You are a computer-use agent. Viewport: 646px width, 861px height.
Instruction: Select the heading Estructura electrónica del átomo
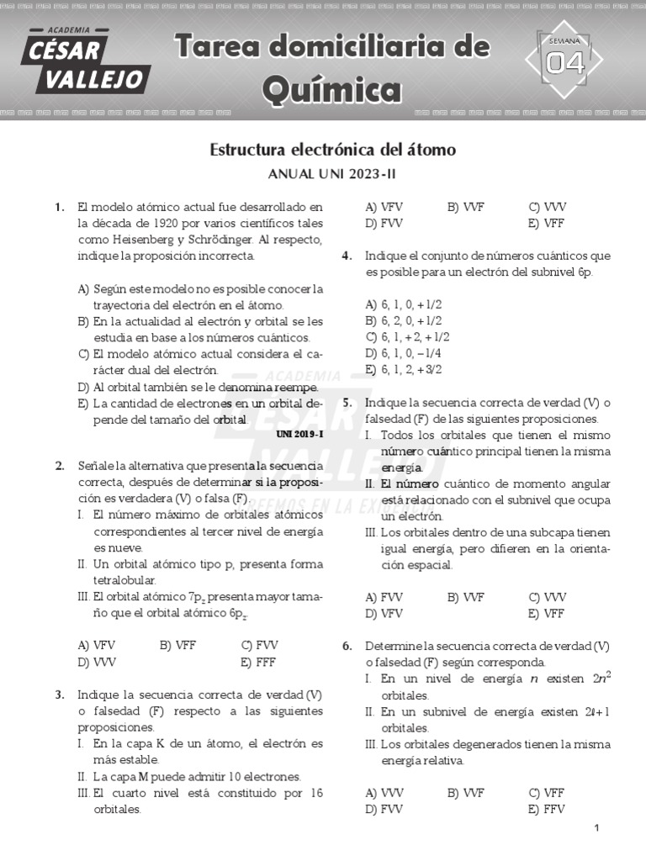[x=332, y=151]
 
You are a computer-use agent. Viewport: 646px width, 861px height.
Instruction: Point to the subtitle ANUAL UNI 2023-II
[x=331, y=174]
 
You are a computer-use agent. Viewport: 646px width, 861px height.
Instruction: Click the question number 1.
[x=60, y=207]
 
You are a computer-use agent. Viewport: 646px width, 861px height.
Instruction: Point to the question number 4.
[x=347, y=256]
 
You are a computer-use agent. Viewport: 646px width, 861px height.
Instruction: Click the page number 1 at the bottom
[x=596, y=829]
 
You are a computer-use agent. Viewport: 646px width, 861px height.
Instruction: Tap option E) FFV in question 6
[x=547, y=809]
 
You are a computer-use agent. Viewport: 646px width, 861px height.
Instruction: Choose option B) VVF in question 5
[x=465, y=597]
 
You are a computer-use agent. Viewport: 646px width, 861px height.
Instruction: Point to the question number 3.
[x=60, y=695]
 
